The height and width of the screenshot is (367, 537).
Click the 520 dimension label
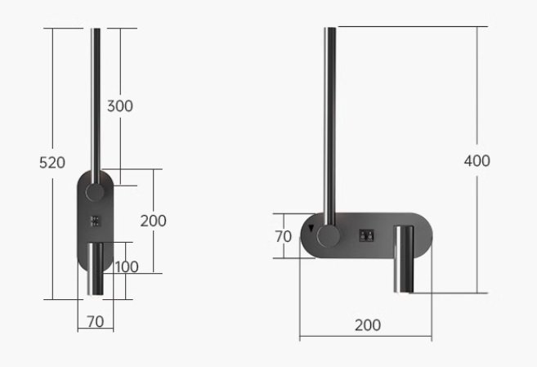click(51, 163)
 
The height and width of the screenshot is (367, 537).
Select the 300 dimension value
click(119, 106)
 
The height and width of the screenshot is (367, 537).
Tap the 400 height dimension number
click(477, 161)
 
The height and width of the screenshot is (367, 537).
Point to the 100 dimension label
click(127, 267)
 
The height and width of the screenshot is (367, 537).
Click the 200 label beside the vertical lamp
click(153, 221)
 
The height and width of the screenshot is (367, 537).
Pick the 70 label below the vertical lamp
click(95, 321)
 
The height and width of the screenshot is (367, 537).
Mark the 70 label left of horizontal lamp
click(283, 236)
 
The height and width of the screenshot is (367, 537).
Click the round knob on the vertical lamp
click(96, 194)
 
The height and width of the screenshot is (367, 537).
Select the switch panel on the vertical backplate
click(96, 221)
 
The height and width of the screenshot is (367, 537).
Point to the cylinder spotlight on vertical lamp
click(96, 270)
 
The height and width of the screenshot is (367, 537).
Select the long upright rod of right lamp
click(330, 123)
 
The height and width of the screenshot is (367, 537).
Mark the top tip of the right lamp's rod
click(330, 29)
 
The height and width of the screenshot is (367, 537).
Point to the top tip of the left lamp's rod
click(96, 31)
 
